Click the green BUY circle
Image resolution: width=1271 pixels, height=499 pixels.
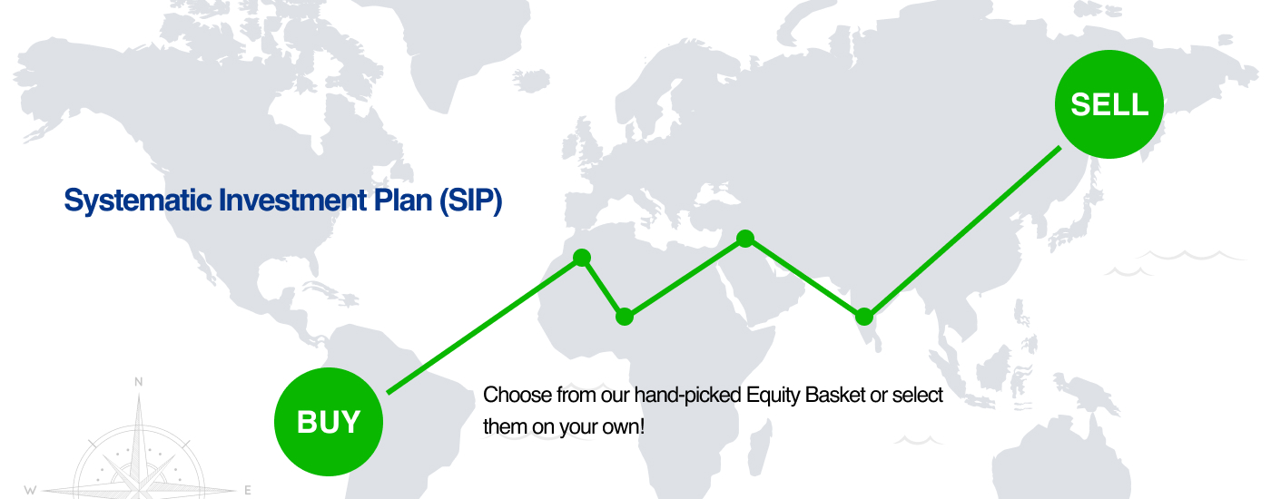pos(329,421)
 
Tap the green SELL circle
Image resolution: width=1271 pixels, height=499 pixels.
pos(1109,103)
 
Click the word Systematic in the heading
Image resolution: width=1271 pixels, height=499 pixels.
pos(138,201)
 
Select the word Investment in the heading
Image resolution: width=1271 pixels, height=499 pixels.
pos(292,201)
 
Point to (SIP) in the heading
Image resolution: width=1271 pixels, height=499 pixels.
pos(471,201)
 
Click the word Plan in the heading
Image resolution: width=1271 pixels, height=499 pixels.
pos(403,201)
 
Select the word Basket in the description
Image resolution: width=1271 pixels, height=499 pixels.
pos(834,395)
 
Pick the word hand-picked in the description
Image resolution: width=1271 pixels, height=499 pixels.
pos(688,396)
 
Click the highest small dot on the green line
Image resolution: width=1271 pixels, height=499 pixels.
pos(745,238)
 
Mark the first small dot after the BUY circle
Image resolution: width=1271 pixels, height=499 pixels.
pos(582,258)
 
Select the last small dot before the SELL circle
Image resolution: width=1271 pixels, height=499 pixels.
pos(863,317)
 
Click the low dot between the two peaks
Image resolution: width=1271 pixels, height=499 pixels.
pos(625,317)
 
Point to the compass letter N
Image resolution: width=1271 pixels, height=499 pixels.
pos(138,382)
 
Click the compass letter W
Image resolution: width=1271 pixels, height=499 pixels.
pos(30,490)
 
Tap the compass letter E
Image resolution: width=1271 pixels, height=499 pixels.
pos(247,490)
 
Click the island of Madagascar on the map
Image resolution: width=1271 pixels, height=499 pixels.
pos(760,446)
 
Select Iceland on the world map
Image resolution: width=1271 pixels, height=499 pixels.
pos(531,80)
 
